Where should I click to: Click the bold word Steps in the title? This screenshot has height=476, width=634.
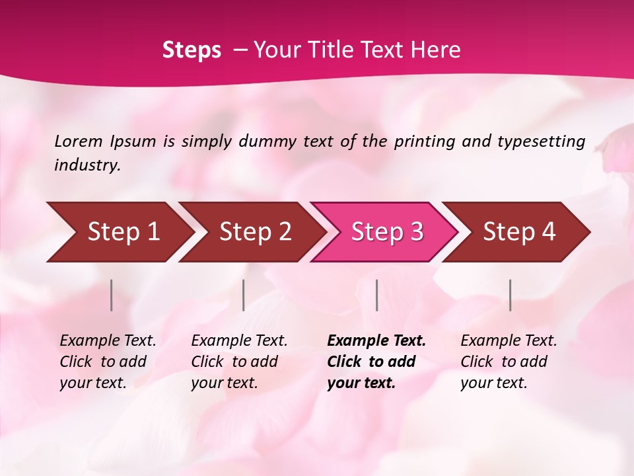(192, 50)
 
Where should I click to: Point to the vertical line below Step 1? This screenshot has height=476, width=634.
(112, 295)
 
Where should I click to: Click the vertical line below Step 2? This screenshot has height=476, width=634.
(244, 295)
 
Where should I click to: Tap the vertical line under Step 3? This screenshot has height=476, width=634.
(376, 295)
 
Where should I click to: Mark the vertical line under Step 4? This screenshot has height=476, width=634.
(511, 295)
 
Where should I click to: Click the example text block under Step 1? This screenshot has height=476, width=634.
(108, 362)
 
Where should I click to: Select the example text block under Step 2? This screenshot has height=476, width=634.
(239, 362)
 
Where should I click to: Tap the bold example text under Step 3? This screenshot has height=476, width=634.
(376, 362)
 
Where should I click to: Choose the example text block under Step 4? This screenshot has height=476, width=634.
(509, 362)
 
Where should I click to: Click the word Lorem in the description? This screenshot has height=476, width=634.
(79, 141)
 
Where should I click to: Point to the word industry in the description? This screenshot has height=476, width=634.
(87, 165)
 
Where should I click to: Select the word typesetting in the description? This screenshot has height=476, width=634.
(541, 141)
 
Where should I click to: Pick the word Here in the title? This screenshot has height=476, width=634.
(439, 50)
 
